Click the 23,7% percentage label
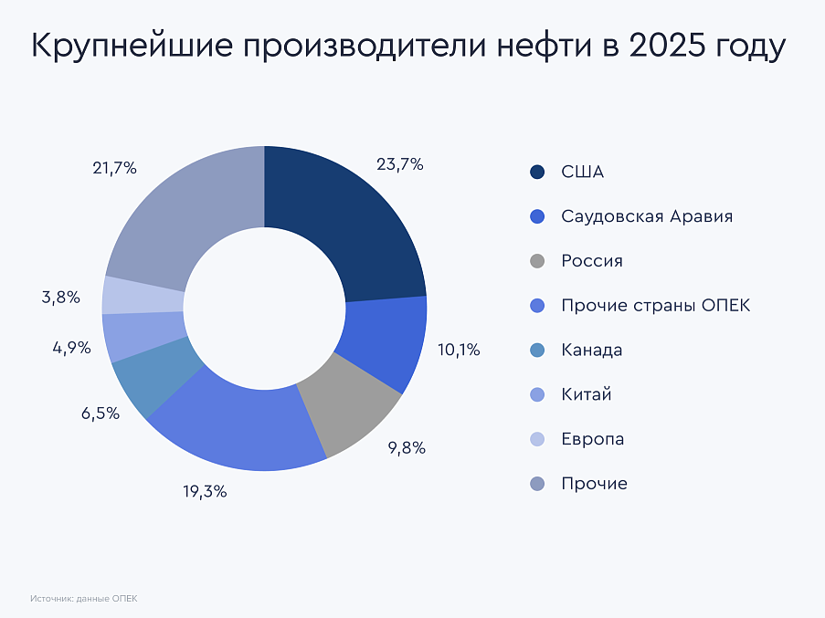[399, 165]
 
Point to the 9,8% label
[407, 448]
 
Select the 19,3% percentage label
[205, 491]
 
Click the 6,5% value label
[100, 414]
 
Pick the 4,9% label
[70, 348]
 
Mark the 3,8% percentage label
[60, 298]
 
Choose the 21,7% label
[114, 168]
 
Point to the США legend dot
[537, 173]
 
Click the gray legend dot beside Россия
[537, 262]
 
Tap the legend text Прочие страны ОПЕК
[655, 306]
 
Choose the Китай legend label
[587, 394]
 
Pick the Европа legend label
[593, 439]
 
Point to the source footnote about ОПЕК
[83, 599]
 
